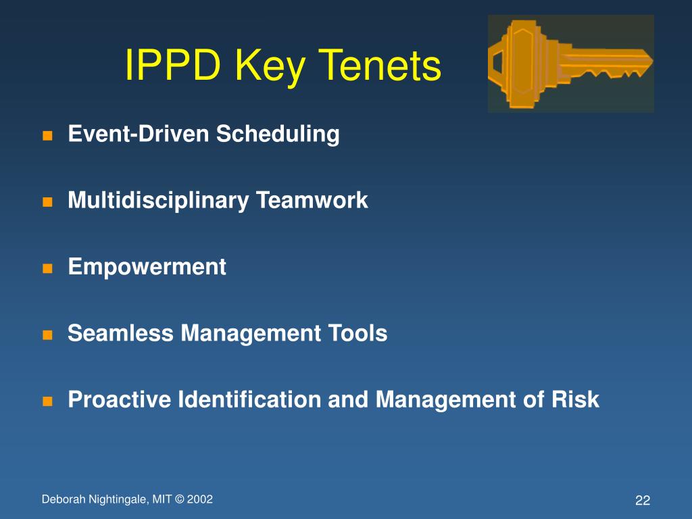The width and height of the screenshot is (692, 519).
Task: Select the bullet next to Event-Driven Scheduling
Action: coord(47,135)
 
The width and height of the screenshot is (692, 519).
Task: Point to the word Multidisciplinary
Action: coord(157,201)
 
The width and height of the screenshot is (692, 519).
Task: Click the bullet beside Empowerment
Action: coord(47,268)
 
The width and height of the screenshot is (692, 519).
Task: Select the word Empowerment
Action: coord(147,267)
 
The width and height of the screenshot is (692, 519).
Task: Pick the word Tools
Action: coord(359,333)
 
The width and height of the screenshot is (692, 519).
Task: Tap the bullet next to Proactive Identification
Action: coord(47,401)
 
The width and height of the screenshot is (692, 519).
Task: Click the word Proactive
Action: coord(120,400)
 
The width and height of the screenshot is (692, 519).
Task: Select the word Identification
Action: coord(249,400)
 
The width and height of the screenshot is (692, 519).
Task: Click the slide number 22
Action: coord(642,501)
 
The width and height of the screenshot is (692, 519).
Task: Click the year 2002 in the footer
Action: coord(201,499)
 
